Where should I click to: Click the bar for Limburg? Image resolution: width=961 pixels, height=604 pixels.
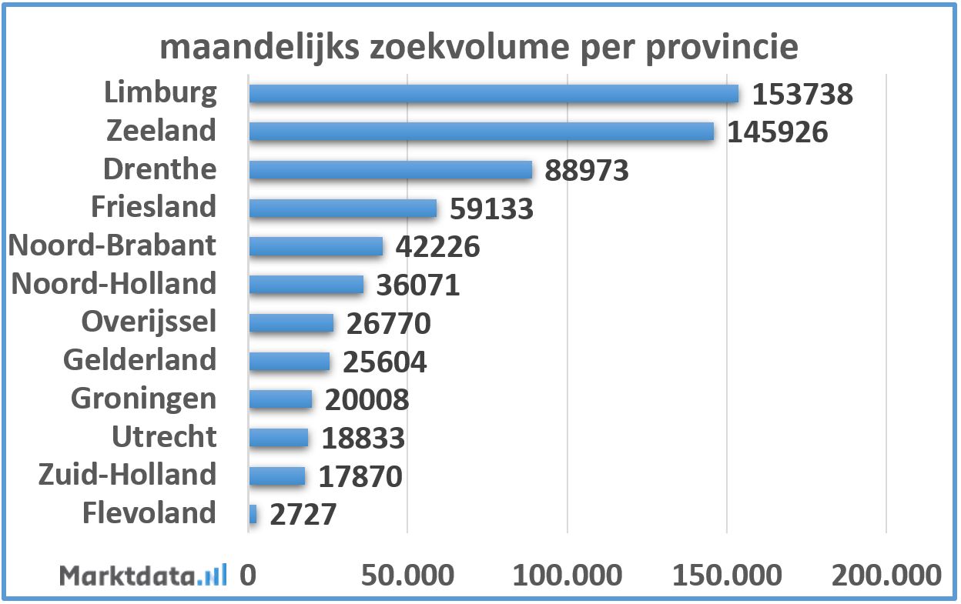tap(493, 94)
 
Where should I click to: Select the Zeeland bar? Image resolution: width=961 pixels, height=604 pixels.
tap(480, 132)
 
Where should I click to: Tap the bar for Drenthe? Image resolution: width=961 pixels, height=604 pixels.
tap(390, 170)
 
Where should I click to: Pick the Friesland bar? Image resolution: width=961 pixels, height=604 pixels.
tap(342, 208)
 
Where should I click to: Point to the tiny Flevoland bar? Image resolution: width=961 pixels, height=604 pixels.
tap(253, 513)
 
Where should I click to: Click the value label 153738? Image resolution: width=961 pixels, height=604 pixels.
tap(802, 95)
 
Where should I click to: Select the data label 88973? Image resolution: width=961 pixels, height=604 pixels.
tap(587, 171)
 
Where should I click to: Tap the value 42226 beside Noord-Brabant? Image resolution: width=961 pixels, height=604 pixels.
tap(437, 247)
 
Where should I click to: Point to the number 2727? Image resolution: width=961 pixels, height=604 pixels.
tap(303, 515)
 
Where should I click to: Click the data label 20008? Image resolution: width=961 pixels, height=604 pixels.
tap(367, 400)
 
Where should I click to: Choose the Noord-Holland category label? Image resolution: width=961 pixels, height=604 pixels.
tap(114, 284)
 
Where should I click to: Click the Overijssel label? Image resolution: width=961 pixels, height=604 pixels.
tap(149, 322)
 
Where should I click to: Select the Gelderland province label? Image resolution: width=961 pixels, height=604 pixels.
tap(140, 360)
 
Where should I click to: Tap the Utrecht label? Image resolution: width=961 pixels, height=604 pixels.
tap(164, 437)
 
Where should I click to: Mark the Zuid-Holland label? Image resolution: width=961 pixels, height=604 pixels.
tap(127, 475)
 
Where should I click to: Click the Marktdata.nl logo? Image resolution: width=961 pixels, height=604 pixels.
tap(143, 576)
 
